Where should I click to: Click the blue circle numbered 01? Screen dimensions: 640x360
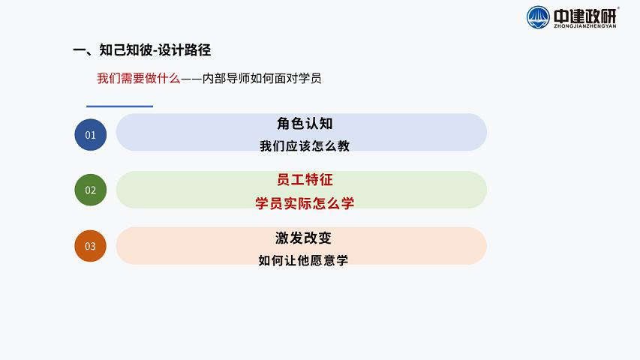pos(90,135)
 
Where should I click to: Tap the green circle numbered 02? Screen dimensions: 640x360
pos(90,190)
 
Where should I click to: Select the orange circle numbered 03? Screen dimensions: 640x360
pos(90,246)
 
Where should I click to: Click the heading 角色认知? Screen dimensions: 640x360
pos(305,123)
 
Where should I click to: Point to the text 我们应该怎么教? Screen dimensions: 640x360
pos(305,145)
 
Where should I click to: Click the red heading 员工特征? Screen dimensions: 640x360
pos(305,179)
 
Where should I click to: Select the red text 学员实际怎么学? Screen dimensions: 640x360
pos(305,202)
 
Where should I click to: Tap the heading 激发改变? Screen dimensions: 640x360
pos(303,238)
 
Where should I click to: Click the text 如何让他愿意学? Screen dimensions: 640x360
pos(303,260)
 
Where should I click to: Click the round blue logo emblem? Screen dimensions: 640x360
pos(538,17)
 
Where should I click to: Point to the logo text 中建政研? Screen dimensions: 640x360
pos(584,16)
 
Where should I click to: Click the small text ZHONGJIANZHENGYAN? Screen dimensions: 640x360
pos(585,26)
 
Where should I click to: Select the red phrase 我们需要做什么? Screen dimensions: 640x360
pos(138,78)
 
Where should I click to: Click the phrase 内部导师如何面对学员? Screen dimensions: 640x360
pos(262,78)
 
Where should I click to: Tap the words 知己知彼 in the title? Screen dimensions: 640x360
pos(126,49)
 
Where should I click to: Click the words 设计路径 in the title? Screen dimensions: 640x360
pos(185,49)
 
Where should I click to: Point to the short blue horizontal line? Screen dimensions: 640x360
pos(119,106)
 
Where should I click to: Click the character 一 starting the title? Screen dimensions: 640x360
pos(80,50)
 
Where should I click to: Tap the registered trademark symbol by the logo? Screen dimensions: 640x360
pos(618,7)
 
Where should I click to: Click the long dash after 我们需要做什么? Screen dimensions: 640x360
pos(191,78)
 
